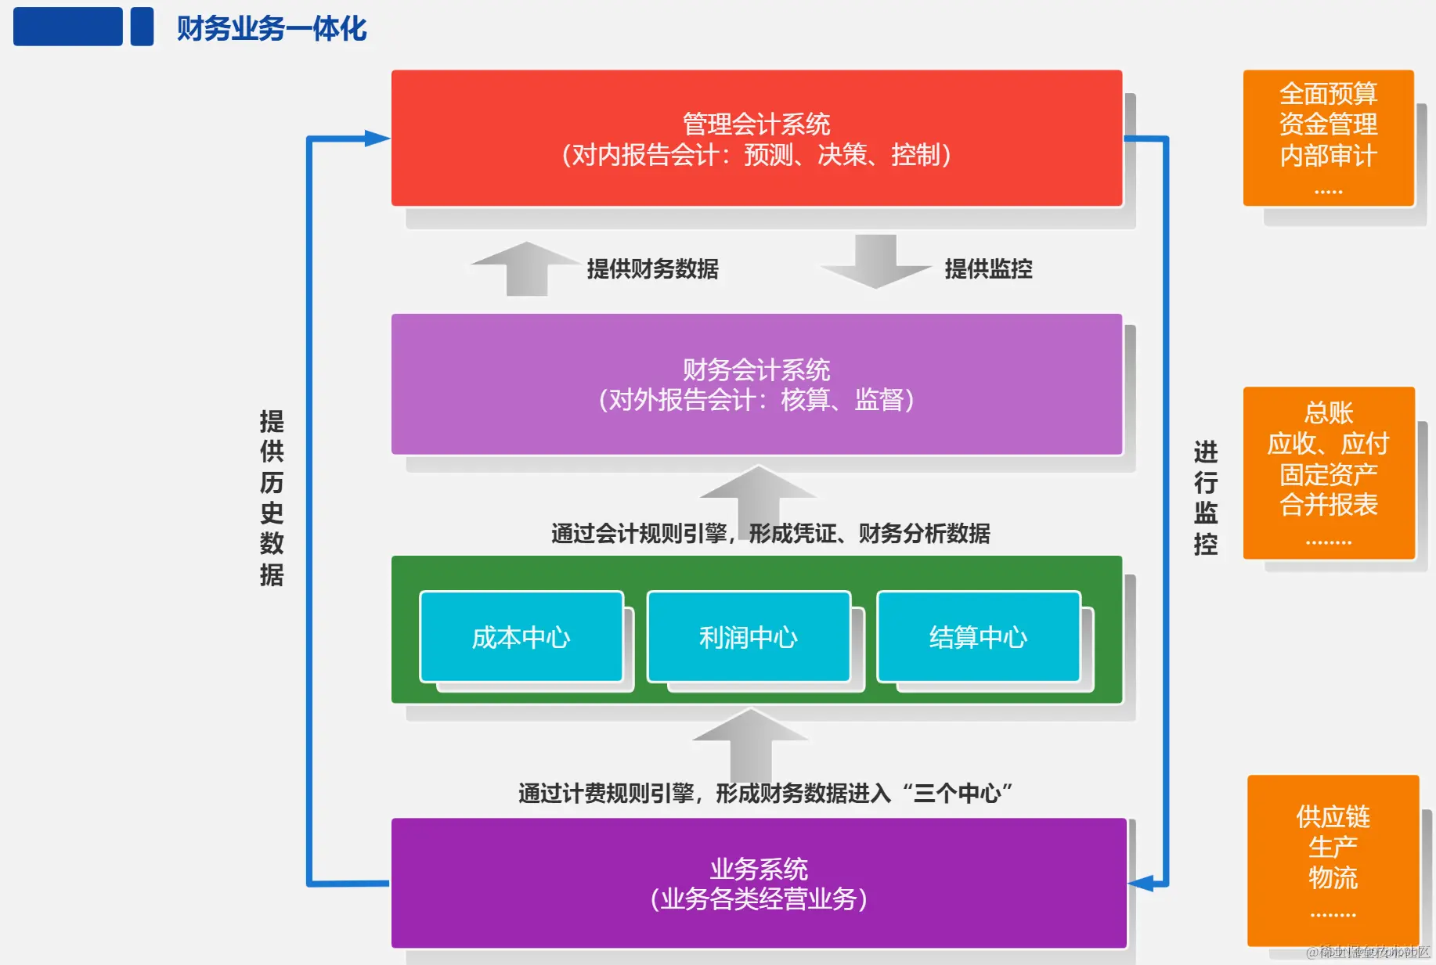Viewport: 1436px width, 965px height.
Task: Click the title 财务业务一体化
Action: coord(271,29)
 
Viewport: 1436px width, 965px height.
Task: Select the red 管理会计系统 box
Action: coord(756,139)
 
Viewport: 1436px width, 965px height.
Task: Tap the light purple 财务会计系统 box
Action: coord(756,384)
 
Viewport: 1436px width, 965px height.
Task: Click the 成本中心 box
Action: coord(521,637)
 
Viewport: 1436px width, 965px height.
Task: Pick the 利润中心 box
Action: coord(749,637)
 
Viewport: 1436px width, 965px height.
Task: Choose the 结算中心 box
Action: coord(978,637)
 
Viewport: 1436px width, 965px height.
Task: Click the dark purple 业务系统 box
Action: coord(758,883)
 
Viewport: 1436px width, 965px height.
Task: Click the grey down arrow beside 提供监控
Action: coord(875,261)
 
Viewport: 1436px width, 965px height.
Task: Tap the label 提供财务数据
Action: coord(652,269)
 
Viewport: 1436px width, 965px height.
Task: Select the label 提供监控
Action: coord(988,269)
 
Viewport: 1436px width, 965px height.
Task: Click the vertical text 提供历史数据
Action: coord(272,498)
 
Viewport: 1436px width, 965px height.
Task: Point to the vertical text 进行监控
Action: coord(1205,498)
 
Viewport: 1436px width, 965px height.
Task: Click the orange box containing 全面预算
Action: coord(1328,139)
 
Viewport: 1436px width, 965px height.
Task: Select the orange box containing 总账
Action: coord(1329,473)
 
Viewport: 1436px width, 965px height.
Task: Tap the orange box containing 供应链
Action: coord(1333,860)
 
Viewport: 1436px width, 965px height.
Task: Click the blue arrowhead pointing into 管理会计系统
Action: coord(377,139)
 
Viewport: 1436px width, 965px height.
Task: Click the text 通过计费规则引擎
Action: coord(605,794)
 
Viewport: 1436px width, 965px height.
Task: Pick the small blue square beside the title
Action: coord(142,27)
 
